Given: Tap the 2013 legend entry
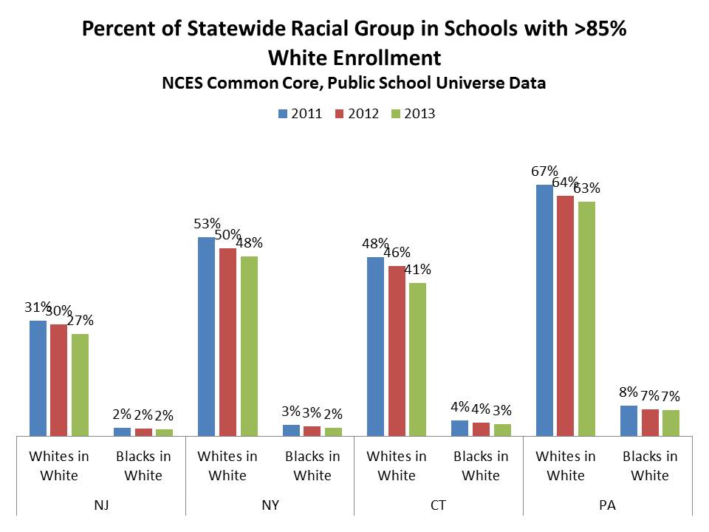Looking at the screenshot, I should click(x=414, y=114).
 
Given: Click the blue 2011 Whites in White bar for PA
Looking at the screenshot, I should click(x=544, y=310).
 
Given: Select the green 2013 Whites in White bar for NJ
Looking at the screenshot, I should click(x=80, y=385).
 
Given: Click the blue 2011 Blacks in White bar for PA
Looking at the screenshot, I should click(x=628, y=420).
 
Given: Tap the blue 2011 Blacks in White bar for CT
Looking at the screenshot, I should click(x=459, y=428).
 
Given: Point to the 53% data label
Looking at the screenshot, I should click(x=207, y=224).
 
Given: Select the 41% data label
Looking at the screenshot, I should click(x=417, y=270).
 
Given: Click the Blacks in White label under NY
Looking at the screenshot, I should click(x=312, y=465).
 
